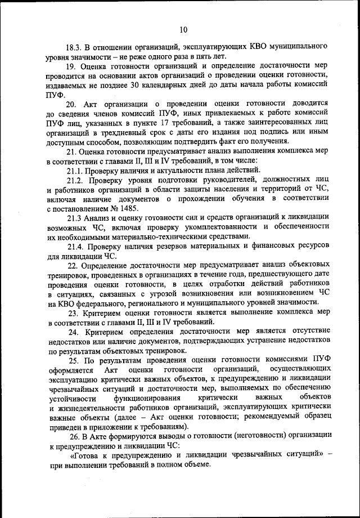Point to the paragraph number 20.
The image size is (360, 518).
[71, 105]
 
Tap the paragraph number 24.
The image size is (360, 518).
[73, 332]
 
